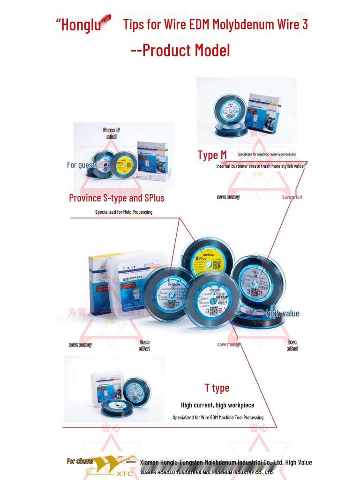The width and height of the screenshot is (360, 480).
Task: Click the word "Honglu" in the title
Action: (x=81, y=25)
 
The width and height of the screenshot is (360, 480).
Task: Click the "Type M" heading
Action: (x=212, y=155)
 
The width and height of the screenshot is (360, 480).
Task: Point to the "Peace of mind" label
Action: (x=111, y=133)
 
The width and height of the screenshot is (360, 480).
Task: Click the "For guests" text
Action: (x=82, y=165)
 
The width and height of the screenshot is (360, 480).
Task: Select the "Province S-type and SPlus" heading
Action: (x=117, y=198)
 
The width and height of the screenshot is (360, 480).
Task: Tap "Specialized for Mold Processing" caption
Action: (x=124, y=212)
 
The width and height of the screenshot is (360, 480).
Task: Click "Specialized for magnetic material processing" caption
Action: (x=266, y=154)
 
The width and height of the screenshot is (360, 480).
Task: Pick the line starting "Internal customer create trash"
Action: (x=260, y=166)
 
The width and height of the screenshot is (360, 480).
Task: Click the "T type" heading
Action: (x=217, y=388)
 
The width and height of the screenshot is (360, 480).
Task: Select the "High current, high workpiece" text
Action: (x=217, y=405)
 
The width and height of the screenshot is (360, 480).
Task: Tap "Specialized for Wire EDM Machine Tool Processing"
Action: (x=218, y=417)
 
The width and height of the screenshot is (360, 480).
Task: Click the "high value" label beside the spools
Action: (x=283, y=314)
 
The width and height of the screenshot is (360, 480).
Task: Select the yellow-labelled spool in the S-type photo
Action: (x=124, y=164)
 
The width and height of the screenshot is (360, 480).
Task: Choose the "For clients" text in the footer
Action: (x=80, y=461)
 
